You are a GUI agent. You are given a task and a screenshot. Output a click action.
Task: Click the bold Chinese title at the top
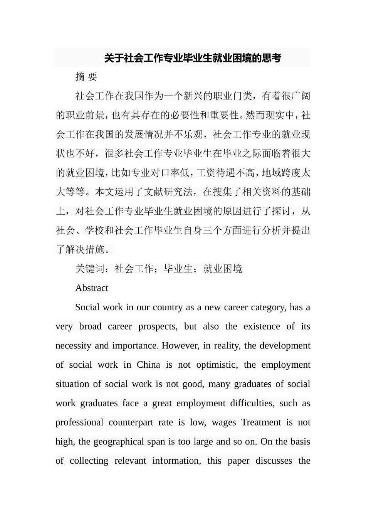pos(193,58)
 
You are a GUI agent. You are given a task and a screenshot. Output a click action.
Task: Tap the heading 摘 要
pos(86,77)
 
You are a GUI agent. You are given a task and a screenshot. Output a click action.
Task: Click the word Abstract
pos(92,288)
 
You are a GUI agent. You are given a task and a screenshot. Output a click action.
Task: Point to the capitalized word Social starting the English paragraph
pos(87,307)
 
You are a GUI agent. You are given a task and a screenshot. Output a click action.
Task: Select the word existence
pos(262,326)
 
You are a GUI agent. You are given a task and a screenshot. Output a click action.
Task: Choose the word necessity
pos(73,346)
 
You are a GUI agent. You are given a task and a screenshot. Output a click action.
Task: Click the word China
pos(148,365)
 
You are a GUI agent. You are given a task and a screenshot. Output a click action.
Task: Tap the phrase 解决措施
pos(85,249)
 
